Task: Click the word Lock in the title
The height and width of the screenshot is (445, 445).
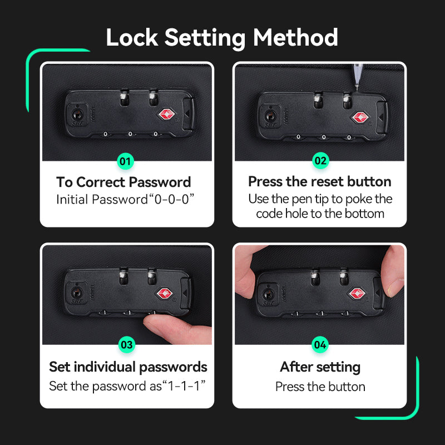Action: click(132, 37)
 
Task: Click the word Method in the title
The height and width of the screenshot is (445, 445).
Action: click(295, 37)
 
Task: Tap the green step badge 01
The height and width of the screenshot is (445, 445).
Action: click(125, 161)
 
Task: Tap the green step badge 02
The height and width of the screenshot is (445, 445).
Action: click(320, 161)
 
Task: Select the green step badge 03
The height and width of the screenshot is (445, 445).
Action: click(127, 344)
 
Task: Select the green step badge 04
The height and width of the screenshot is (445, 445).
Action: click(320, 344)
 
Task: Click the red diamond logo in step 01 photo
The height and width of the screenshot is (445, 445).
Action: click(166, 114)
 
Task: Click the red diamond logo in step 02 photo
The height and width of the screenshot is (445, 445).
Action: click(360, 117)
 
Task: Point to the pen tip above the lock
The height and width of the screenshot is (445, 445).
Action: click(357, 88)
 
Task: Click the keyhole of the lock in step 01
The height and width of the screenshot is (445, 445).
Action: click(77, 115)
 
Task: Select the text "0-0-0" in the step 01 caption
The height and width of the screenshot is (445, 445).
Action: click(171, 199)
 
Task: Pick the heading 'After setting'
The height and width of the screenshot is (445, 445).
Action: click(320, 367)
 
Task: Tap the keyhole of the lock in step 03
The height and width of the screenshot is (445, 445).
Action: click(76, 293)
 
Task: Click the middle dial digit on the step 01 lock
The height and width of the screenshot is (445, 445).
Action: click(130, 133)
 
